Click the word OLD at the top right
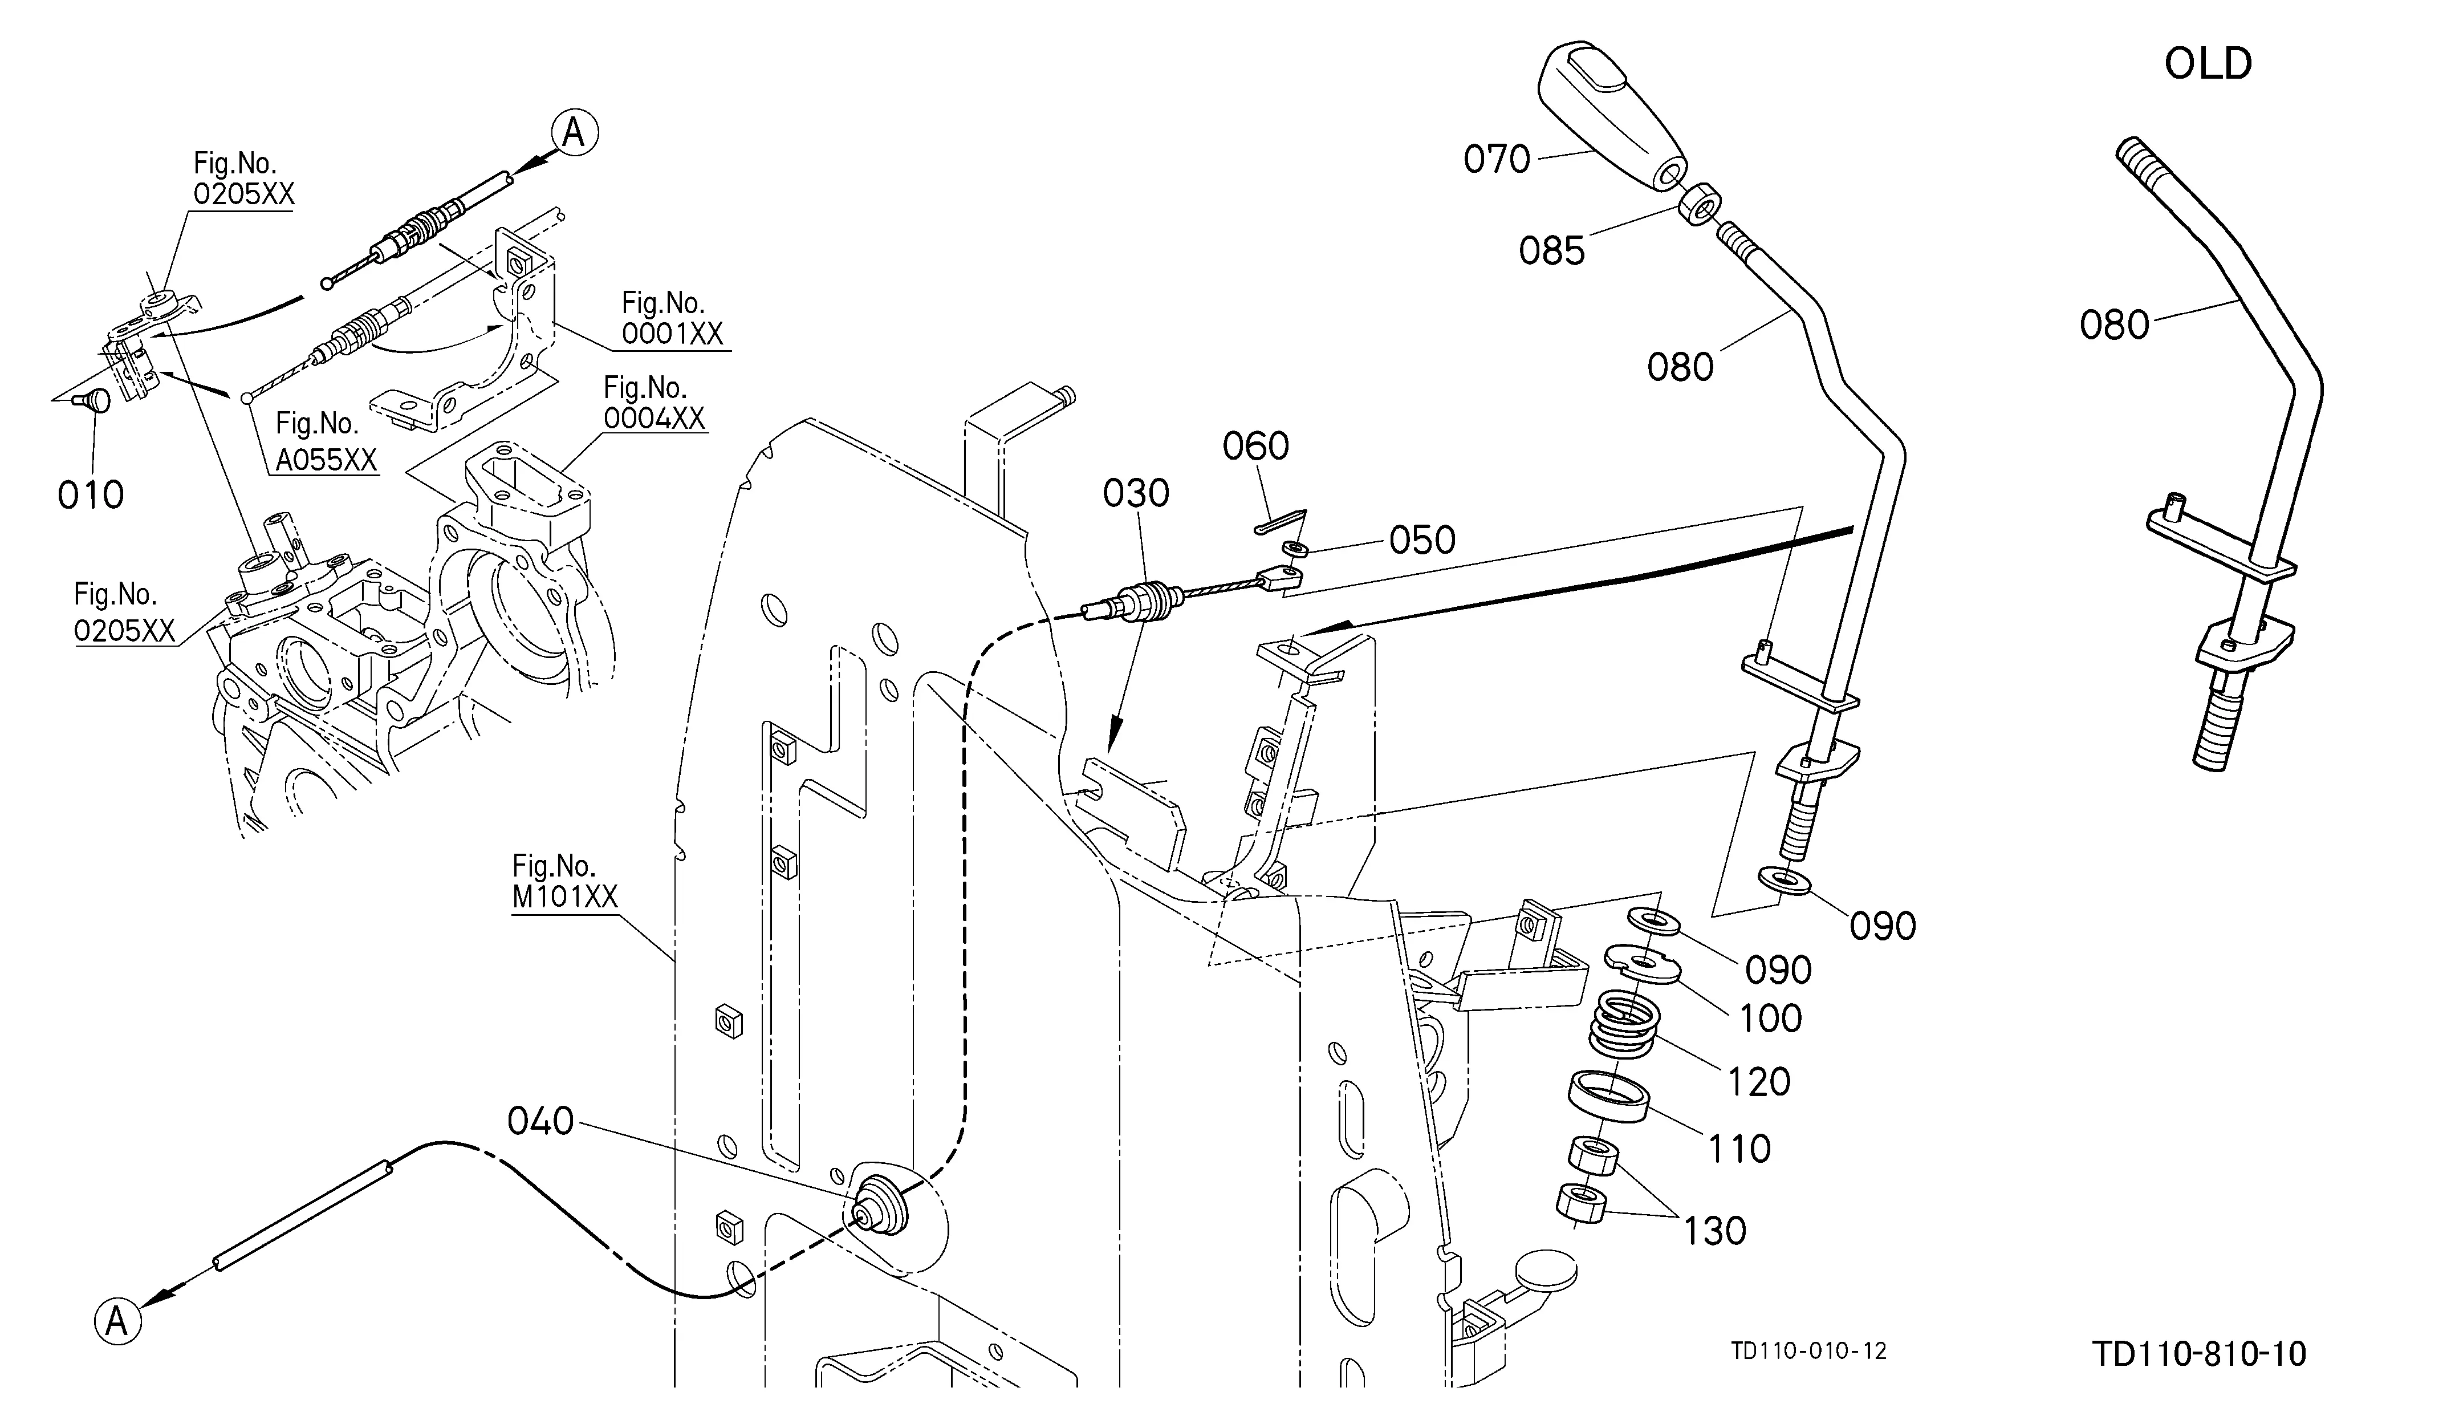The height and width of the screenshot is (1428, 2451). pyautogui.click(x=2208, y=64)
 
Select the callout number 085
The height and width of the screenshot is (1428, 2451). pyautogui.click(x=1552, y=251)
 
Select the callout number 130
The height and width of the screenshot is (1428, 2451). pyautogui.click(x=1715, y=1231)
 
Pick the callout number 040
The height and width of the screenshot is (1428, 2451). pyautogui.click(x=541, y=1122)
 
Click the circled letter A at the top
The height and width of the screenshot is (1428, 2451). pyautogui.click(x=574, y=132)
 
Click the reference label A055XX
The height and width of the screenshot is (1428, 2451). pyautogui.click(x=326, y=459)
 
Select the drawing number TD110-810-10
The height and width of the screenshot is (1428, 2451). pyautogui.click(x=2199, y=1354)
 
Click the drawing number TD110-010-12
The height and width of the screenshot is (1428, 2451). pyautogui.click(x=1809, y=1351)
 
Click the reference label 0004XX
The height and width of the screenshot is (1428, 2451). pyautogui.click(x=655, y=418)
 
